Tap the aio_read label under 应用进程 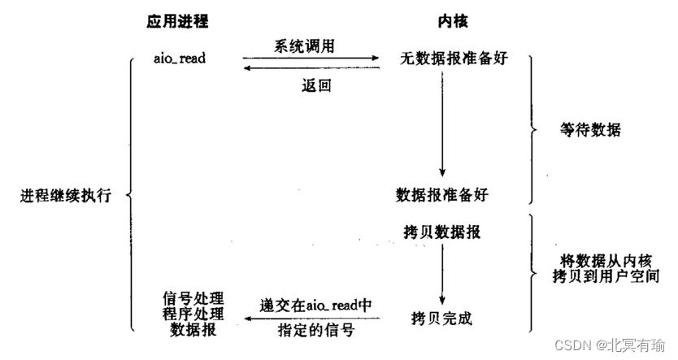pos(180,59)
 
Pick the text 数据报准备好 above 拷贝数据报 pos(443,195)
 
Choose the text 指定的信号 pos(311,331)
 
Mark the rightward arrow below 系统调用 pos(311,59)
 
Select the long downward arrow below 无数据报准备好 pos(441,122)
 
